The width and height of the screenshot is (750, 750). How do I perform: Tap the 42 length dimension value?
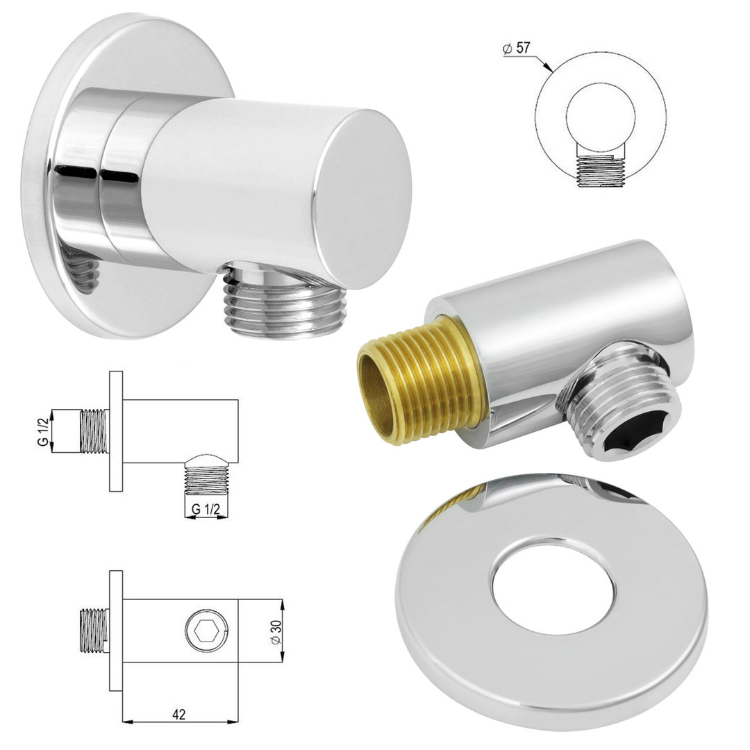coord(179,715)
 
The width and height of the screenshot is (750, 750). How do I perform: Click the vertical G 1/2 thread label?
coord(43,431)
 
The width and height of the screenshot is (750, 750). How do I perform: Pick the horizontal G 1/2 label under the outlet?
coord(206,510)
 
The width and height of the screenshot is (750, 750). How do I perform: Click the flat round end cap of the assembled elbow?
coord(362,199)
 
